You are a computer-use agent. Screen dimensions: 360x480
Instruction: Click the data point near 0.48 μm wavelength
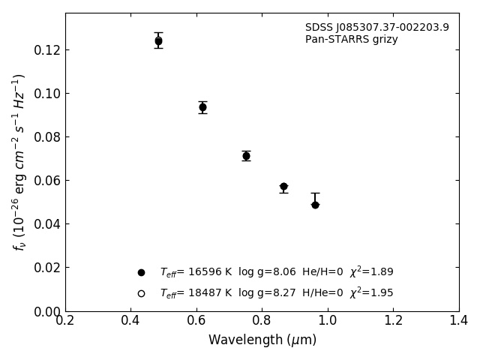tap(158, 41)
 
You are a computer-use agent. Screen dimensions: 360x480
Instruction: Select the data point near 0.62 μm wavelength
tap(202, 107)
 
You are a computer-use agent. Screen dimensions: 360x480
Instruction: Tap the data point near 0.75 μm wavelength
tap(246, 156)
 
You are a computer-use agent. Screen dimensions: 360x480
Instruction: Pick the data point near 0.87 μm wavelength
tap(283, 186)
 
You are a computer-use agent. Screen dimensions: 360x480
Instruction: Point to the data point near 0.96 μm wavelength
tap(315, 205)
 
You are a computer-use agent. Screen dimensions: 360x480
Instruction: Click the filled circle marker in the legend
tap(141, 272)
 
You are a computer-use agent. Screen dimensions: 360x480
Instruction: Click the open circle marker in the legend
tap(141, 293)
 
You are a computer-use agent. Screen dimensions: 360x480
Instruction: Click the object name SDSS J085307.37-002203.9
tap(377, 28)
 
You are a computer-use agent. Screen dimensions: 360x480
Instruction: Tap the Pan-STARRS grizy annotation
tap(352, 40)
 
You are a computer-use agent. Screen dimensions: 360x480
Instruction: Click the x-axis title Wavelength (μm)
tap(262, 340)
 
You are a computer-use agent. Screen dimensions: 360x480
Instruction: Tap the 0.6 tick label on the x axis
tap(196, 320)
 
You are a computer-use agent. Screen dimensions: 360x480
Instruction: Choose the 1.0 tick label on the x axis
tap(328, 320)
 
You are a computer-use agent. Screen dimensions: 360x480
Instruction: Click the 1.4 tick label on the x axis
tap(459, 320)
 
